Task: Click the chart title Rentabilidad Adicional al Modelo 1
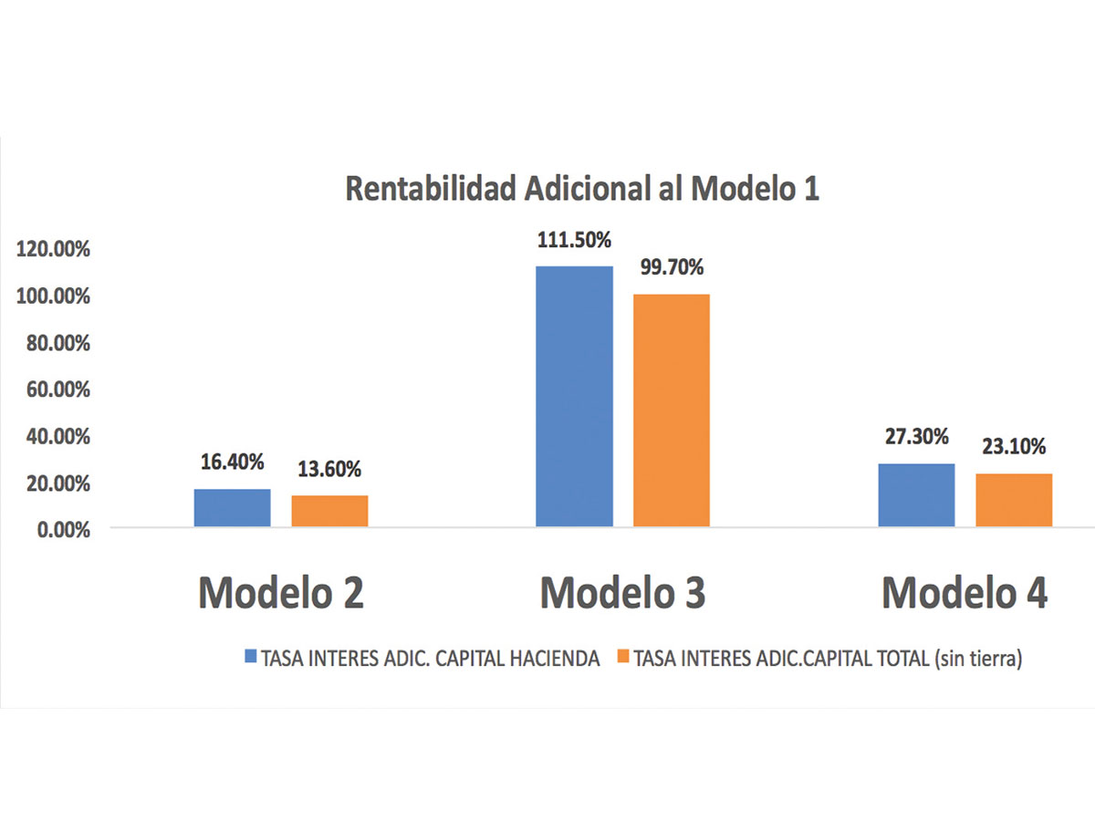pos(583,189)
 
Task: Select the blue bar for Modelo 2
pos(232,508)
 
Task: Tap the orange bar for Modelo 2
pos(329,511)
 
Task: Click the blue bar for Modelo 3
pos(574,396)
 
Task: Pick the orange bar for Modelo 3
pos(672,410)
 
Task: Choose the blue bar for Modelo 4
pos(916,494)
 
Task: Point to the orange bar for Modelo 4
pos(1014,500)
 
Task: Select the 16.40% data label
pos(232,462)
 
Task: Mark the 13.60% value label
pos(329,470)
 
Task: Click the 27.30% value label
pos(916,439)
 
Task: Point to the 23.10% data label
pos(1014,447)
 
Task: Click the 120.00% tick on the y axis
pos(54,250)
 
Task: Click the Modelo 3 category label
pos(622,594)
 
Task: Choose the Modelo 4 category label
pos(965,594)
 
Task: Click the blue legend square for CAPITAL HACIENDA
pos(251,657)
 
